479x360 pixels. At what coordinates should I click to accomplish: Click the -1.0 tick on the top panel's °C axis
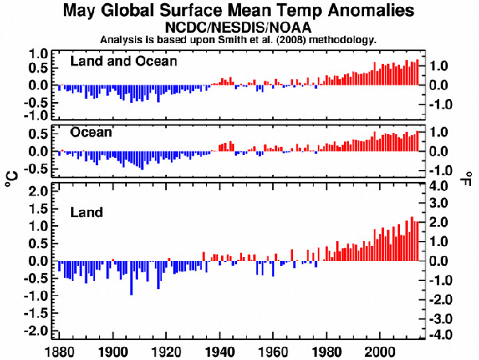[x=36, y=114]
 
